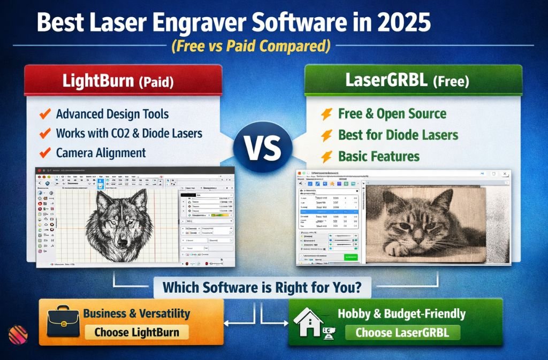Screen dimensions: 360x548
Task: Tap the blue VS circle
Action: pyautogui.click(x=263, y=147)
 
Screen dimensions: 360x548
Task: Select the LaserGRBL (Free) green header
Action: pyautogui.click(x=413, y=82)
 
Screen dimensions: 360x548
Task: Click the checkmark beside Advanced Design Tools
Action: pyautogui.click(x=45, y=114)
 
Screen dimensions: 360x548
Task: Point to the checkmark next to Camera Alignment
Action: pyautogui.click(x=45, y=152)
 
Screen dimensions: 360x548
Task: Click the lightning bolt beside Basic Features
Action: pyautogui.click(x=325, y=157)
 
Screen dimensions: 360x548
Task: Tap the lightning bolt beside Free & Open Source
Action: pyautogui.click(x=325, y=113)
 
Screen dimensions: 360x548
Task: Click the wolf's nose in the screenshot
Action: pyautogui.click(x=121, y=242)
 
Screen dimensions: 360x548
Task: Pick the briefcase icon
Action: pyautogui.click(x=63, y=322)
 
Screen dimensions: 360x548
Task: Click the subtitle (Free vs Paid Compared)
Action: pyautogui.click(x=250, y=47)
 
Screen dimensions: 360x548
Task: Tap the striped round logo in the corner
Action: pyautogui.click(x=18, y=335)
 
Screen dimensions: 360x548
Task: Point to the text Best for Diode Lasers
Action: pyautogui.click(x=398, y=134)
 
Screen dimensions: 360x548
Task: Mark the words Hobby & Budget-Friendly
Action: pyautogui.click(x=401, y=313)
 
